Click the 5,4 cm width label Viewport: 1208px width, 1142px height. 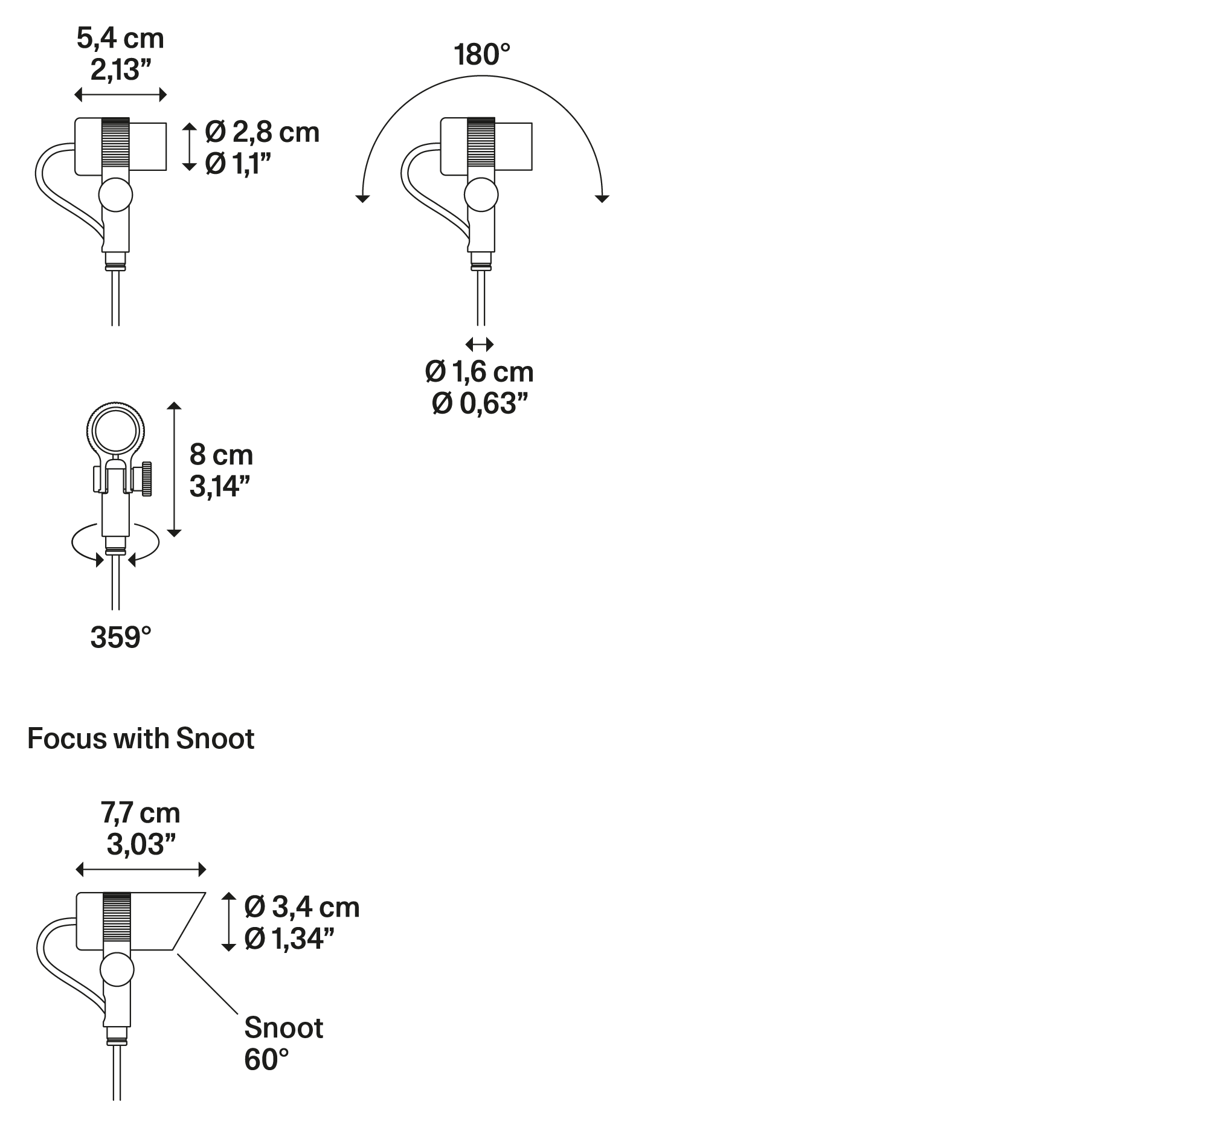click(121, 39)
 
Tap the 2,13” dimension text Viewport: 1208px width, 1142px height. click(121, 70)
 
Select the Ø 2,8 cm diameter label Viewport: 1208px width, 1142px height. click(262, 132)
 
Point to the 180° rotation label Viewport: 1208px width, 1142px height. click(481, 55)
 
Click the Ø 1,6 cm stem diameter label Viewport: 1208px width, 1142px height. click(480, 372)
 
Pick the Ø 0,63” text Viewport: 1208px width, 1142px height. click(480, 403)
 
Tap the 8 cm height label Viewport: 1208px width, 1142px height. click(221, 455)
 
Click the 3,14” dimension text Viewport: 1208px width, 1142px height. click(220, 486)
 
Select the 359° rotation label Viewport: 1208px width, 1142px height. click(121, 638)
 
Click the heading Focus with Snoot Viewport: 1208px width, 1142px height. click(141, 739)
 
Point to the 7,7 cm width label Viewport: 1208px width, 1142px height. click(141, 813)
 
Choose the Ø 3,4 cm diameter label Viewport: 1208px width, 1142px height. click(302, 907)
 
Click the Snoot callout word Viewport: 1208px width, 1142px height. click(284, 1028)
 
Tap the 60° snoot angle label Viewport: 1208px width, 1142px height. click(267, 1060)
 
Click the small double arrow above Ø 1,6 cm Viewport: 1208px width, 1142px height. click(480, 345)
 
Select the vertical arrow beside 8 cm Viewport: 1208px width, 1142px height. click(175, 469)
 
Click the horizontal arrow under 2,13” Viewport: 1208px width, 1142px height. click(121, 95)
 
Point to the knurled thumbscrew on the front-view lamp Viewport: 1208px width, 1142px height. click(147, 479)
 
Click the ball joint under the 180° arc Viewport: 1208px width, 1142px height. click(481, 195)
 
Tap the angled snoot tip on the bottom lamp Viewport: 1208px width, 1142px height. click(188, 921)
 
